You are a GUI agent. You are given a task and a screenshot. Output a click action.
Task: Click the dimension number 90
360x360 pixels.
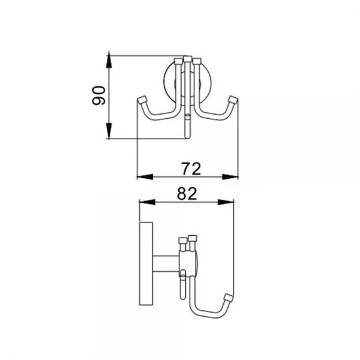(99, 96)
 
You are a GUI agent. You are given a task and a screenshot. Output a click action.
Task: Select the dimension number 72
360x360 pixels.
(189, 169)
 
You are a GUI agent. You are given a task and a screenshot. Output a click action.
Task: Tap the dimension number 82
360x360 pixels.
(188, 193)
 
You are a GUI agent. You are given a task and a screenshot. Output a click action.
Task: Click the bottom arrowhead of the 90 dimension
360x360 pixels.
(109, 134)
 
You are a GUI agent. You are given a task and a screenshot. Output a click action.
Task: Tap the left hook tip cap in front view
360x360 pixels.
(143, 99)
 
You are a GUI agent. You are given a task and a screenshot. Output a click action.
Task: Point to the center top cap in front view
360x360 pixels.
(187, 59)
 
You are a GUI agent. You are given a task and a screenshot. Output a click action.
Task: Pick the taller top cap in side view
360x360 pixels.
(193, 238)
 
